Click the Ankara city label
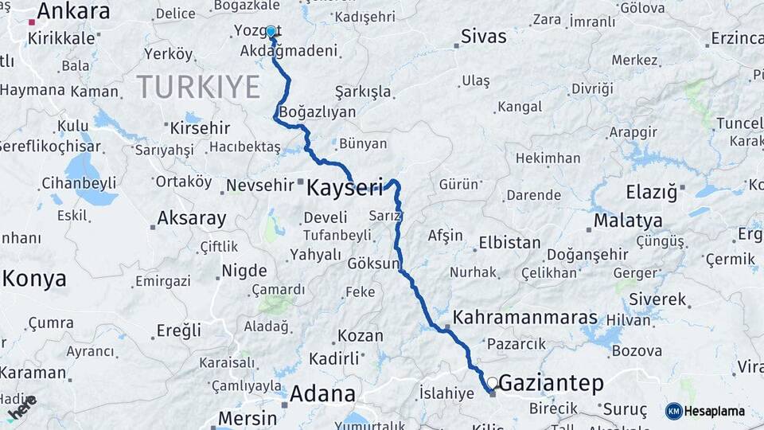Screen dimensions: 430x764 (x=73, y=11)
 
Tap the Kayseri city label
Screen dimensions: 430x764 (x=345, y=188)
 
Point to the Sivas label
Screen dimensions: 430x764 (x=484, y=37)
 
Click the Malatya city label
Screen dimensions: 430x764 (x=628, y=220)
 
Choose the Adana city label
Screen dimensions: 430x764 (x=322, y=393)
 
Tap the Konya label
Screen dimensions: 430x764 (x=34, y=278)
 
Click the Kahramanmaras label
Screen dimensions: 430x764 (x=524, y=318)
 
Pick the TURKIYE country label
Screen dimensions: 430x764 (x=198, y=86)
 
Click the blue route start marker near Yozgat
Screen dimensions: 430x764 (x=271, y=32)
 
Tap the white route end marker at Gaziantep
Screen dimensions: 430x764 (x=493, y=383)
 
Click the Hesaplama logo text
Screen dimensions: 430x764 (x=715, y=412)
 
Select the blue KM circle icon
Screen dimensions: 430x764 (x=674, y=411)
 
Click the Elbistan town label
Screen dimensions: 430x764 (x=509, y=243)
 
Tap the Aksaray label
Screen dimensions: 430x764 (x=192, y=217)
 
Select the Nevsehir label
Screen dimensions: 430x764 (x=260, y=184)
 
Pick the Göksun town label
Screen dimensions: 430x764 (x=372, y=263)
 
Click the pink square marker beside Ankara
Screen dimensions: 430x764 (x=31, y=21)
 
